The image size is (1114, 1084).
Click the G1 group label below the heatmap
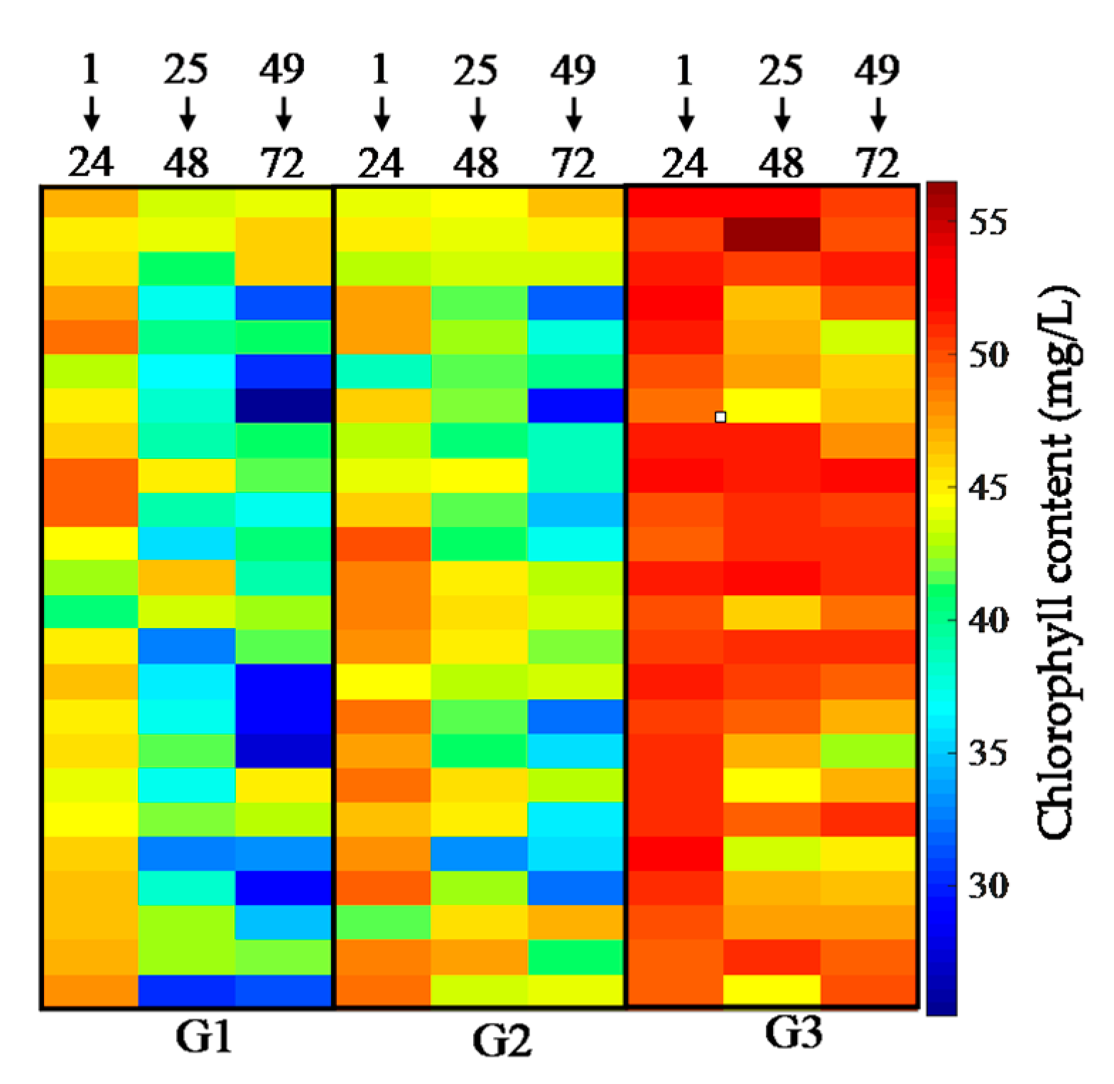click(204, 1039)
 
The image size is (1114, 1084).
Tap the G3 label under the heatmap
click(794, 1034)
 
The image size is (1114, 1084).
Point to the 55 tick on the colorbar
click(988, 223)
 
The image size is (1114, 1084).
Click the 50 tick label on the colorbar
click(988, 355)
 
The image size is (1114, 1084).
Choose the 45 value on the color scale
click(988, 488)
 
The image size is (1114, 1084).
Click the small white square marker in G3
click(720, 417)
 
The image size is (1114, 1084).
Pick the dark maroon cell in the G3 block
click(772, 234)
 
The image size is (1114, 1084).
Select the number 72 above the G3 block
click(878, 163)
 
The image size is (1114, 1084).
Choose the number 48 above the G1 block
click(187, 163)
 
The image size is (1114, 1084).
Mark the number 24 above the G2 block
click(381, 163)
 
